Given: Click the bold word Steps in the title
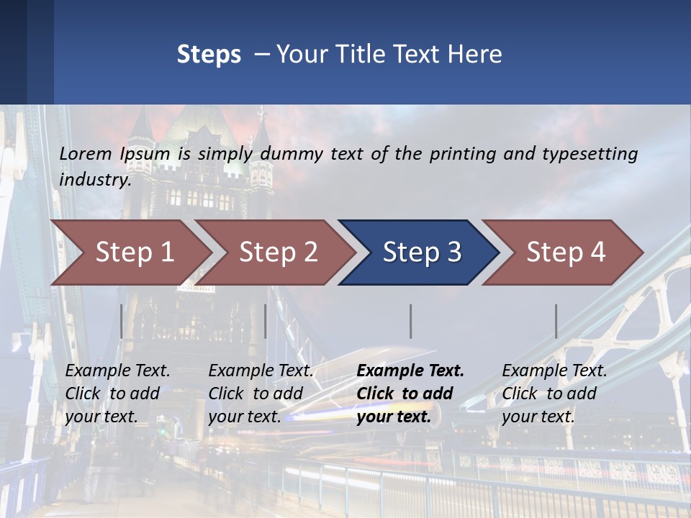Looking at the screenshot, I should tap(209, 55).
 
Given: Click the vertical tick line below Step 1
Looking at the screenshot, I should tap(122, 321).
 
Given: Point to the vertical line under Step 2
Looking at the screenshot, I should tap(266, 321).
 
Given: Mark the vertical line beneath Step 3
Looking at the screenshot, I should tap(410, 321).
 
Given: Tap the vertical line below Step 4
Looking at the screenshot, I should tap(556, 321).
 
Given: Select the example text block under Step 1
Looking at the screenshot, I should tap(117, 394).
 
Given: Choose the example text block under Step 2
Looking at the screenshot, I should tap(261, 394).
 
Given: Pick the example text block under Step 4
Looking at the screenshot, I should tap(554, 394).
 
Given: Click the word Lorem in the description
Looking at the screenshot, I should tap(86, 154).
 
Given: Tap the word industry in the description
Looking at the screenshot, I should tap(94, 179).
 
